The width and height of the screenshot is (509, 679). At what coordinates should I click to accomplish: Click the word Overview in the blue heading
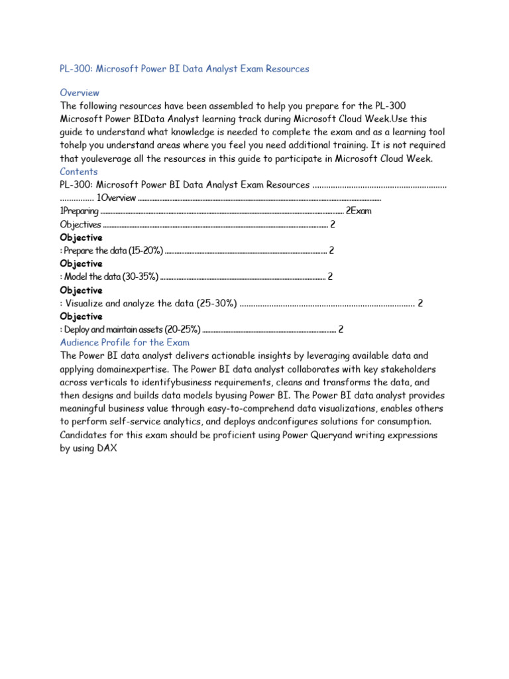point(80,93)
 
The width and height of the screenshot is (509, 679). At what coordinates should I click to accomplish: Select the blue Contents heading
point(79,172)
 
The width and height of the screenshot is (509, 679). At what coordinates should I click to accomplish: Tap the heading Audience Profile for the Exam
point(125,343)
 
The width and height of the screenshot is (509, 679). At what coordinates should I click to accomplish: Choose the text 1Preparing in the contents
point(80,212)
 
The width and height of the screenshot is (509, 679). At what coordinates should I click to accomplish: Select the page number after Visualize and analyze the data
point(420,304)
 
